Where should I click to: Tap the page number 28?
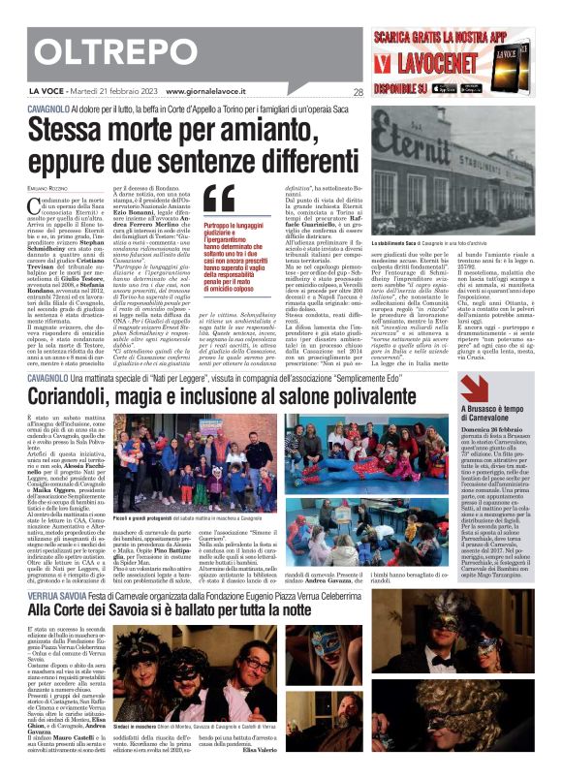[358, 93]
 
